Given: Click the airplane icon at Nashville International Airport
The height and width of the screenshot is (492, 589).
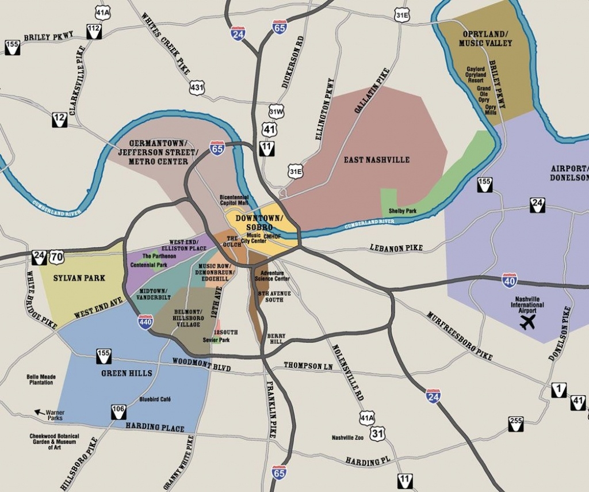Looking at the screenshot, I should pyautogui.click(x=527, y=322).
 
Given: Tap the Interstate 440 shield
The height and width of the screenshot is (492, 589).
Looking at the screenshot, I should pyautogui.click(x=146, y=321).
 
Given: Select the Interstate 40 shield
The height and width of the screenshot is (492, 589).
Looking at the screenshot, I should pyautogui.click(x=509, y=280).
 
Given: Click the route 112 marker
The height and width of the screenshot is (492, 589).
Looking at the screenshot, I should pyautogui.click(x=94, y=32).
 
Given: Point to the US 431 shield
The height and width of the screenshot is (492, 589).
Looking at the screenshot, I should pyautogui.click(x=197, y=87).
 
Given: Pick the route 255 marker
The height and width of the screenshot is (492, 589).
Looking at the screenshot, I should pyautogui.click(x=516, y=424).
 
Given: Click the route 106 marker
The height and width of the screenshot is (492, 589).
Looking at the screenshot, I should pyautogui.click(x=118, y=411).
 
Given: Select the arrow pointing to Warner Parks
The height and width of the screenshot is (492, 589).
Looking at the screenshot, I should pyautogui.click(x=40, y=412).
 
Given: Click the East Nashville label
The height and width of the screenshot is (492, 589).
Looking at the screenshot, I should pyautogui.click(x=376, y=159).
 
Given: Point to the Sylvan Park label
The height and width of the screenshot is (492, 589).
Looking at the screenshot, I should pyautogui.click(x=79, y=278).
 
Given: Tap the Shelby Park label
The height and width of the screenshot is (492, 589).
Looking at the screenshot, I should pyautogui.click(x=403, y=211).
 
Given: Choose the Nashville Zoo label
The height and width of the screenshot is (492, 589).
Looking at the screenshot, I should pyautogui.click(x=347, y=438).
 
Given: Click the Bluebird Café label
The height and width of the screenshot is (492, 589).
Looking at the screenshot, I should pyautogui.click(x=155, y=399).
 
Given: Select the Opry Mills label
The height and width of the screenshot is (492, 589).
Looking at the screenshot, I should pyautogui.click(x=490, y=110).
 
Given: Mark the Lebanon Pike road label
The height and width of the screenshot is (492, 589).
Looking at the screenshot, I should pyautogui.click(x=396, y=248).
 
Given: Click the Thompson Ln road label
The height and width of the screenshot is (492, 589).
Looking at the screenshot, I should pyautogui.click(x=308, y=365).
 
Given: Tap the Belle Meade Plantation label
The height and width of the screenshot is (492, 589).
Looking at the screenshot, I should pyautogui.click(x=41, y=380).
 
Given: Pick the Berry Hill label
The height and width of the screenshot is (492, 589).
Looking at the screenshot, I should pyautogui.click(x=276, y=339).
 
